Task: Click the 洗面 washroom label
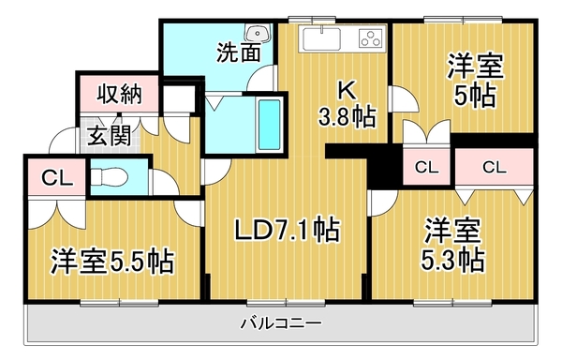point(239,52)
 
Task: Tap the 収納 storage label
point(118,95)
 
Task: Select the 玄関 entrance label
point(110,135)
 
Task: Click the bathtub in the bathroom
point(269,124)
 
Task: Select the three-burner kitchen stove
point(368,39)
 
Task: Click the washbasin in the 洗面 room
point(261,35)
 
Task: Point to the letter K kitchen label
point(346,92)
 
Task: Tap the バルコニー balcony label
point(280,323)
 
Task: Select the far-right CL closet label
point(495,168)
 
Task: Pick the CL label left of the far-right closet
point(427,168)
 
